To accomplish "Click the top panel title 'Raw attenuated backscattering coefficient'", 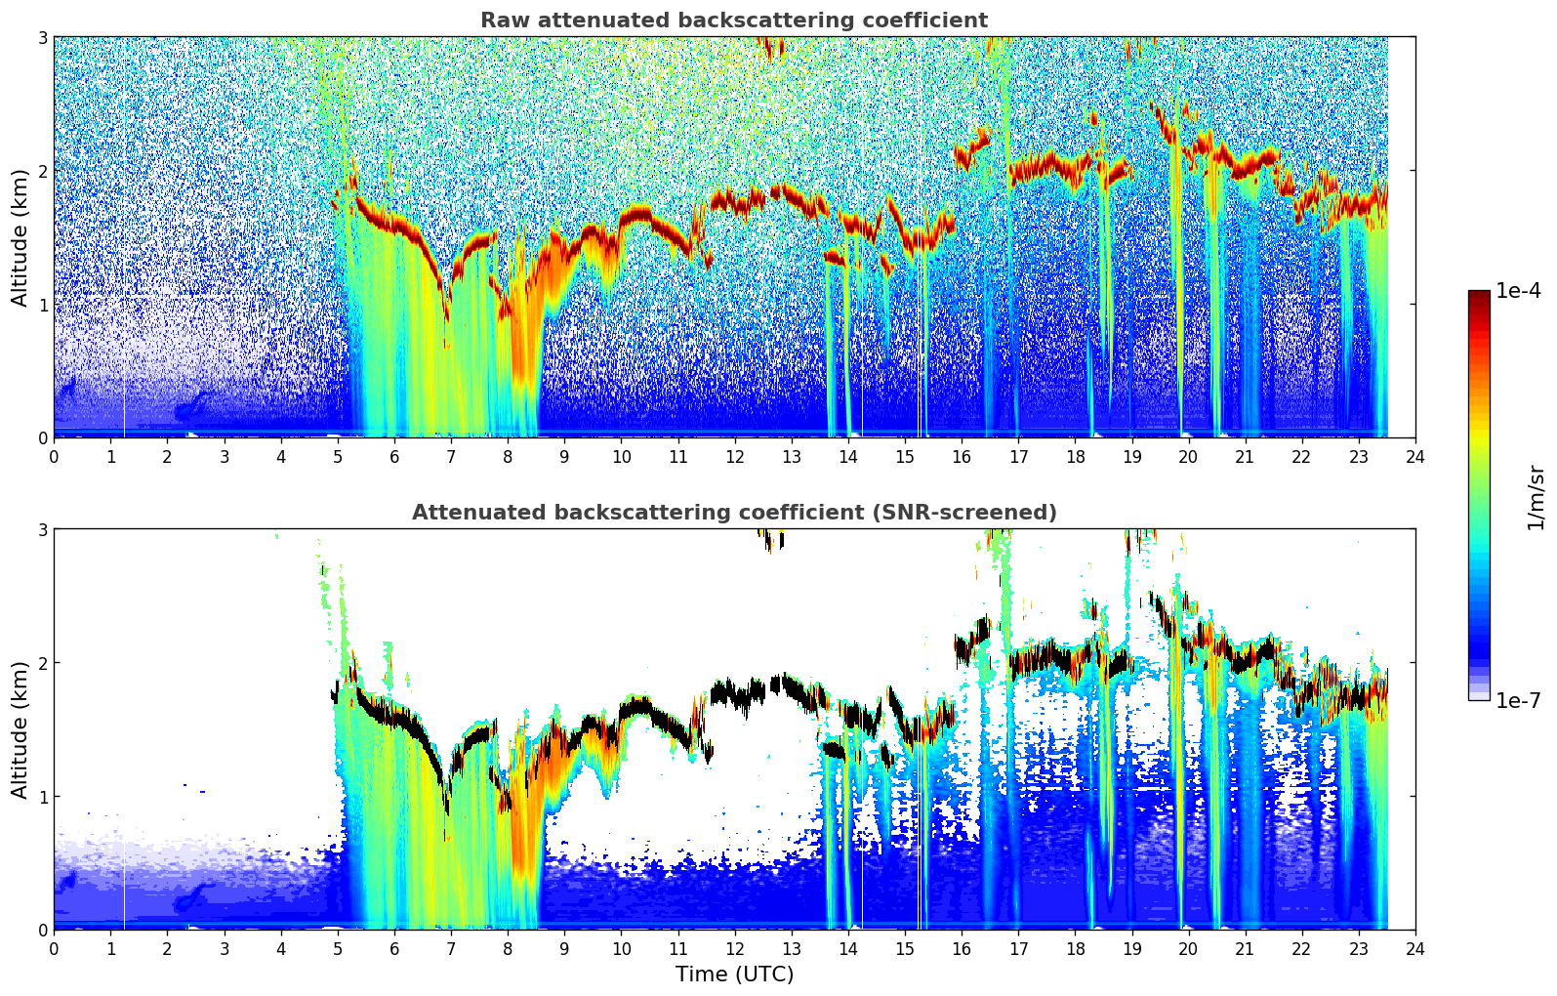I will (733, 21).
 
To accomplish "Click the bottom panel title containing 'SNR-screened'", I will (733, 513).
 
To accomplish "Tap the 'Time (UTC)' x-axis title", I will (734, 974).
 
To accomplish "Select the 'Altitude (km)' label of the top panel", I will (20, 237).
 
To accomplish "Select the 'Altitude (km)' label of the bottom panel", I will (20, 729).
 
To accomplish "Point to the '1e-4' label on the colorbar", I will (1518, 291).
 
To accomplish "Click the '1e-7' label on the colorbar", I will (1518, 700).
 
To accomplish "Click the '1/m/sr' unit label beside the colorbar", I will (1536, 497).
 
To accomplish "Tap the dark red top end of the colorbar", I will (1479, 295).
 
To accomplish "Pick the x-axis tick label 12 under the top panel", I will (734, 456).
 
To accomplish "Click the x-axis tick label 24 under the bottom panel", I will (1415, 948).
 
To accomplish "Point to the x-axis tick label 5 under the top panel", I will (338, 456).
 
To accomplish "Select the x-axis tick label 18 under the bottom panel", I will (1075, 948).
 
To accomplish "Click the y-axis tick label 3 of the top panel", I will (42, 37).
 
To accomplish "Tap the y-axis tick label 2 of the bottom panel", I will (42, 663).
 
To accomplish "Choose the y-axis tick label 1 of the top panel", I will (42, 305).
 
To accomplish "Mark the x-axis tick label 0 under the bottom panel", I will (54, 948).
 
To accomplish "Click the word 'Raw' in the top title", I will (499, 21).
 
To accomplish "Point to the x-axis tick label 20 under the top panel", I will (1188, 456).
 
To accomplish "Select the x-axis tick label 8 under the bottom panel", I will (508, 948).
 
